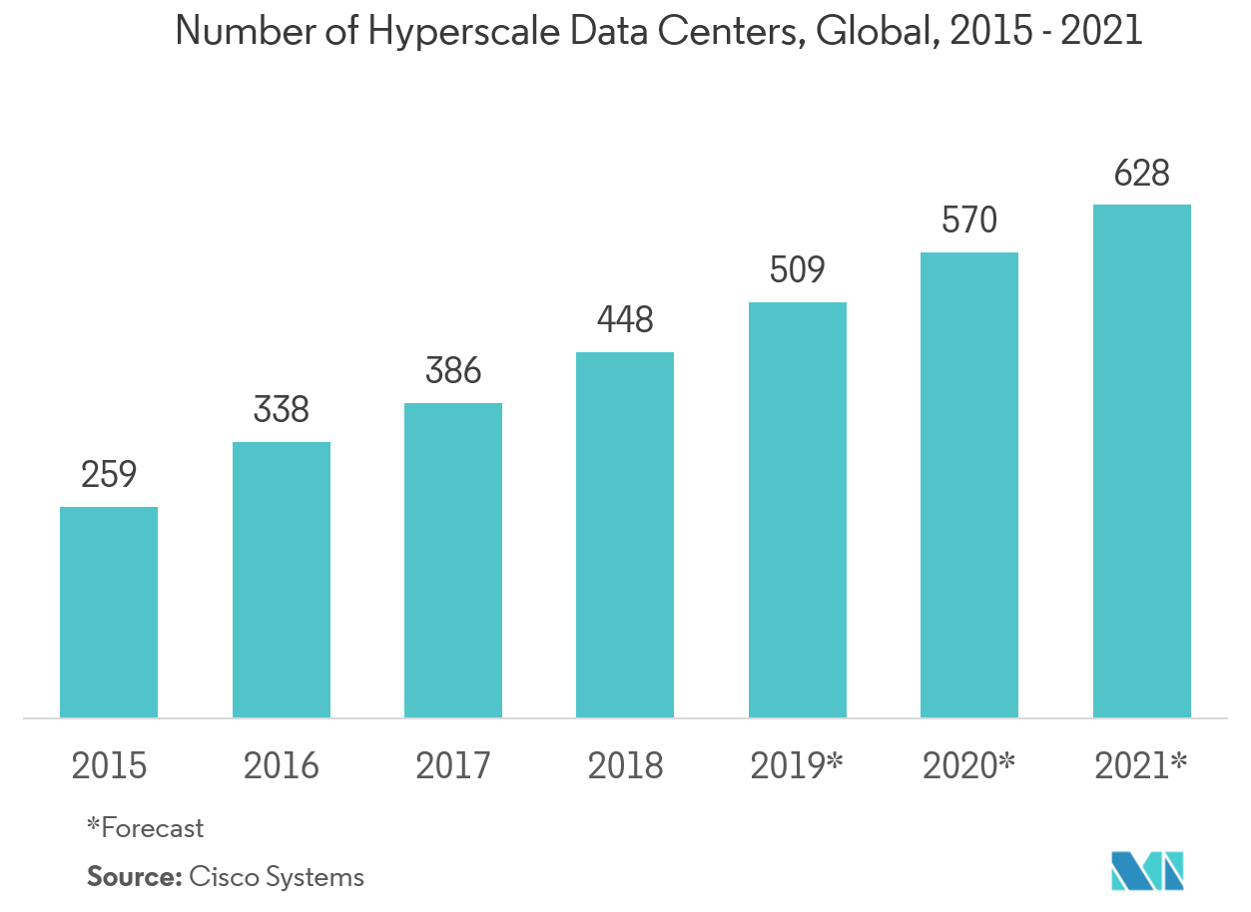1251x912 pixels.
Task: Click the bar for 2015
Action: (x=109, y=612)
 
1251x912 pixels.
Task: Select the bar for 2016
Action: (x=282, y=579)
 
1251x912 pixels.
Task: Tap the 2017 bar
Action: (x=453, y=560)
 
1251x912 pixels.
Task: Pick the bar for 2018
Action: (x=625, y=534)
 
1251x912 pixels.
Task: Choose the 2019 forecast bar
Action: (x=798, y=509)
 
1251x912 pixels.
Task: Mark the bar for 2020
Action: (x=969, y=484)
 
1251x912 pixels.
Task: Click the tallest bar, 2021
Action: (x=1142, y=460)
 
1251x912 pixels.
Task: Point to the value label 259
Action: (x=109, y=475)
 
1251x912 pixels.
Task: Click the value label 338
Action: (x=282, y=410)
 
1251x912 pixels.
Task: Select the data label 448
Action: (x=625, y=320)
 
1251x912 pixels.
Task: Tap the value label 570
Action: (x=969, y=221)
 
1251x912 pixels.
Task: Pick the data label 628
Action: (x=1142, y=174)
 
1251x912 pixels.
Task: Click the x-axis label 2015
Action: (x=109, y=766)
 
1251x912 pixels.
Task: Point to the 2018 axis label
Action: (x=625, y=766)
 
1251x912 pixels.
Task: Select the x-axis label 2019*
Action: (x=798, y=765)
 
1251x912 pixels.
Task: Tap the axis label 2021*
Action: (x=1141, y=765)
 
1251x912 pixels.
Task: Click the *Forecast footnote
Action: (x=146, y=827)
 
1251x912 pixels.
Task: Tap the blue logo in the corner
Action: (x=1147, y=870)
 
